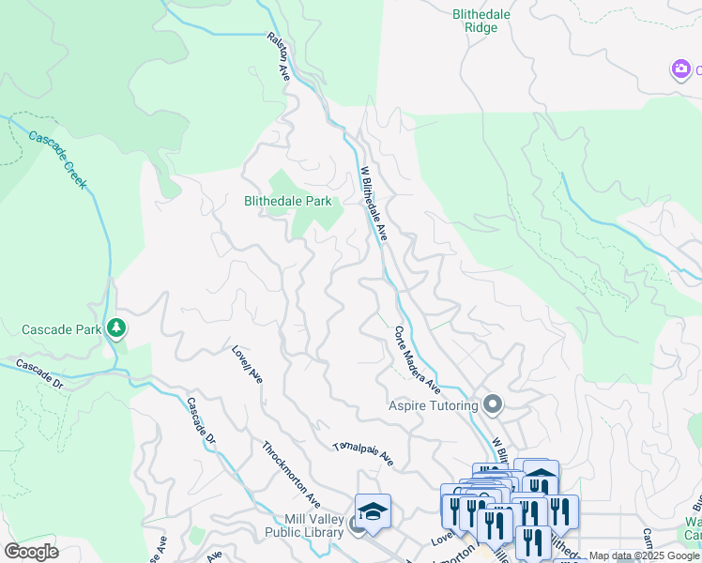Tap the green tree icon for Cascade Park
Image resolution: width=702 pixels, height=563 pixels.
tap(116, 328)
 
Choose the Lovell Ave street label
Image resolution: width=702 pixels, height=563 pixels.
tap(248, 365)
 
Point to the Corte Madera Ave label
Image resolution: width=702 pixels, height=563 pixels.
tap(417, 359)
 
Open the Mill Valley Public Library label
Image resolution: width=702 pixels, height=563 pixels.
tap(313, 526)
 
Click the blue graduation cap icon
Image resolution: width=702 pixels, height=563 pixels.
tap(373, 511)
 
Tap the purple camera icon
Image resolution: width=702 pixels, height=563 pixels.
tap(680, 69)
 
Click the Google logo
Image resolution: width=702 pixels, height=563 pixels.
tap(32, 552)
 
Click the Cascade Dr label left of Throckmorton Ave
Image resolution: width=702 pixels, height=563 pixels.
tap(200, 422)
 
